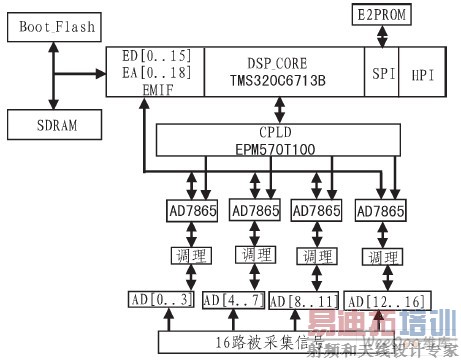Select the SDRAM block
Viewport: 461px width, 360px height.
tap(49, 125)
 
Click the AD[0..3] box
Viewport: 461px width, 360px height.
tap(161, 300)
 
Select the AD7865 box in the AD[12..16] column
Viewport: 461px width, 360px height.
tap(379, 211)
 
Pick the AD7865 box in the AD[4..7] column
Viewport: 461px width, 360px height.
tap(256, 211)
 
